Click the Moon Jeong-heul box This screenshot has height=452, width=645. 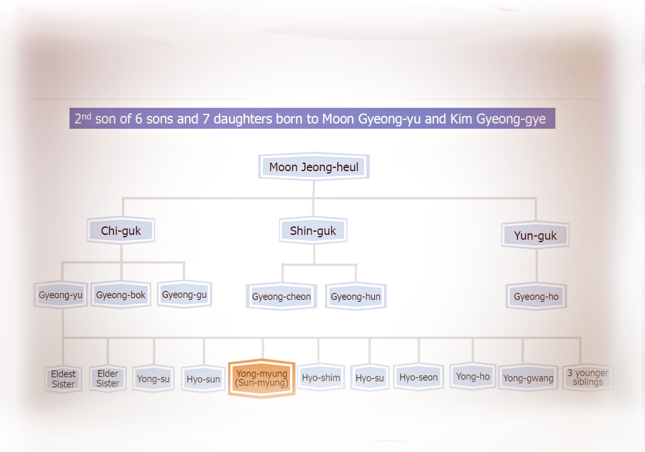(x=314, y=167)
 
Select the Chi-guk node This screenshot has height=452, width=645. (x=121, y=231)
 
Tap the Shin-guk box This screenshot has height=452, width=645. (x=313, y=231)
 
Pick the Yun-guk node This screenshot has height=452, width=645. (x=535, y=235)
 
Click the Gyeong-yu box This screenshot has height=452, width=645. (x=61, y=295)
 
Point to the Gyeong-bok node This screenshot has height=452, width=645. (x=121, y=295)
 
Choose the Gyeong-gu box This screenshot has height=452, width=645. (x=184, y=294)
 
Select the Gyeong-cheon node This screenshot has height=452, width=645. (x=282, y=296)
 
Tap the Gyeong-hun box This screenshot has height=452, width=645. (x=356, y=296)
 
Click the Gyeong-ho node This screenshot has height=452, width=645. (x=536, y=296)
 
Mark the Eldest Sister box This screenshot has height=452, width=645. (x=63, y=379)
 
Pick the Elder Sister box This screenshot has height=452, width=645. (x=107, y=379)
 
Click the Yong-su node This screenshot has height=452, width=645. (x=153, y=379)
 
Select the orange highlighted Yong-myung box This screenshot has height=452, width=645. (x=262, y=379)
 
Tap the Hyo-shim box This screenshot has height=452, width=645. (x=321, y=378)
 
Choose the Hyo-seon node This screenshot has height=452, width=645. (x=418, y=377)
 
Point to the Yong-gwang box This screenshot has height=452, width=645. (x=528, y=378)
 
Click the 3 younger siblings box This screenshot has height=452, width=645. (x=588, y=377)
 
